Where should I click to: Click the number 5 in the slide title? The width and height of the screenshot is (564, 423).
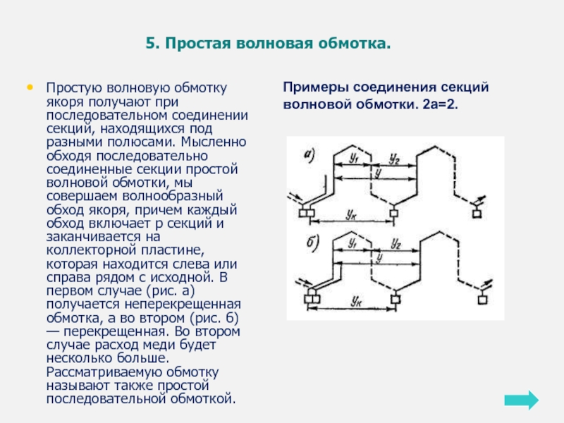(x=150, y=44)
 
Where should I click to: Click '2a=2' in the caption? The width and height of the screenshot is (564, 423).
(x=442, y=104)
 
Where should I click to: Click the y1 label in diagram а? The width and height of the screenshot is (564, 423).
(x=355, y=161)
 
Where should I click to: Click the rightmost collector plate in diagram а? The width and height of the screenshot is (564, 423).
(x=479, y=212)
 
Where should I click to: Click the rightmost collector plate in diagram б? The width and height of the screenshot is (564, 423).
(x=482, y=300)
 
